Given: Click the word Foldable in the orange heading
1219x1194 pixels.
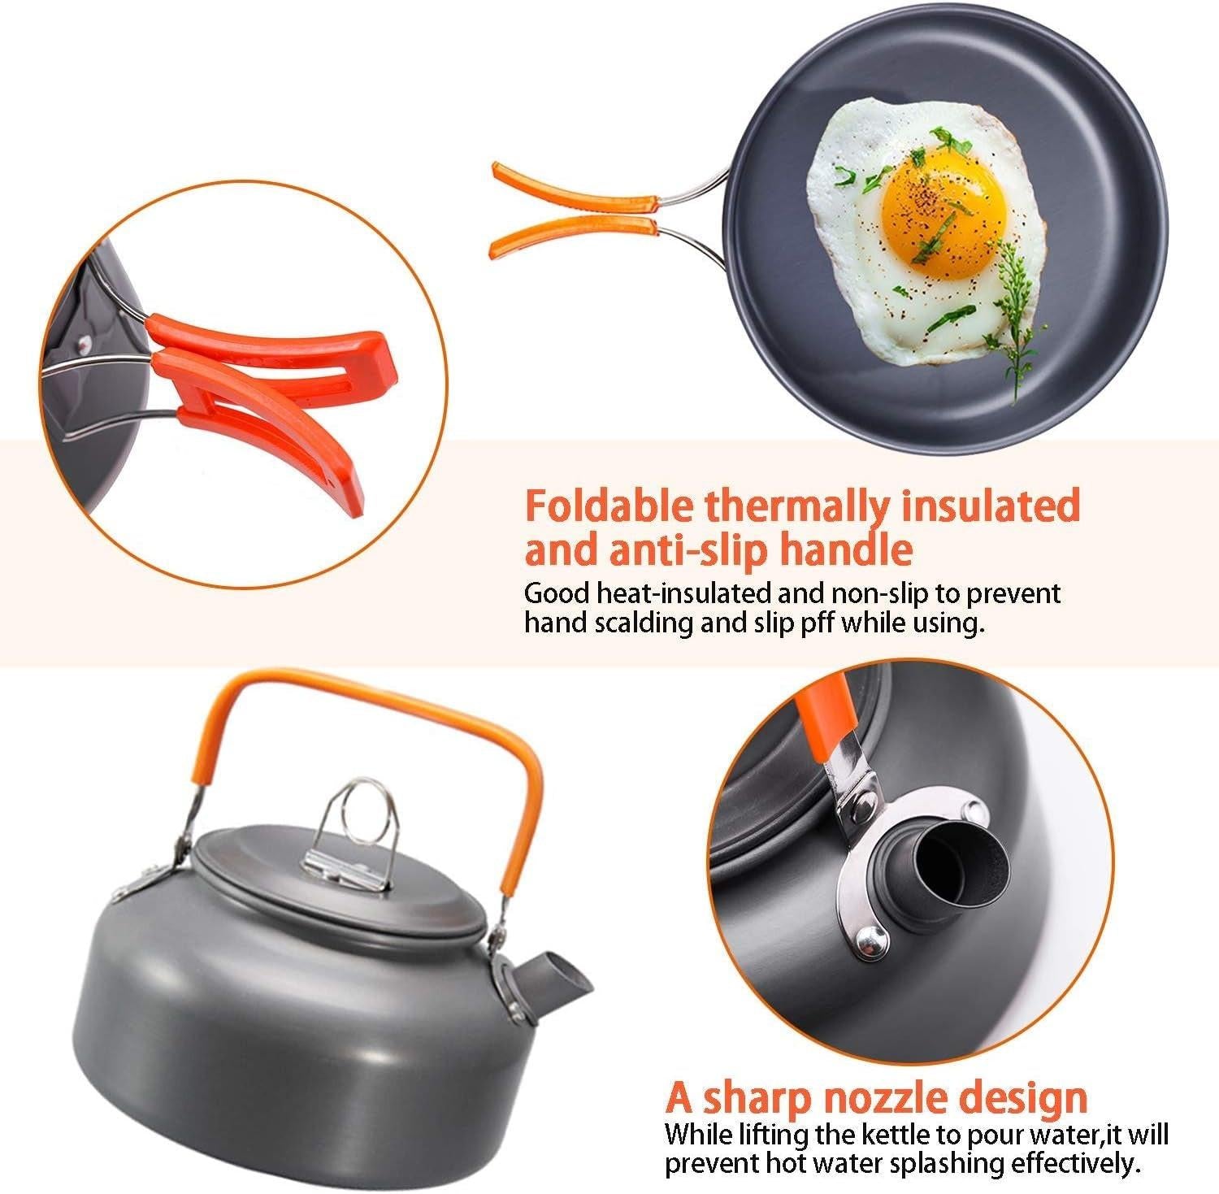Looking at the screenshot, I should point(609,506).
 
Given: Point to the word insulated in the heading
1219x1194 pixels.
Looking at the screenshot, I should point(991,506).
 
